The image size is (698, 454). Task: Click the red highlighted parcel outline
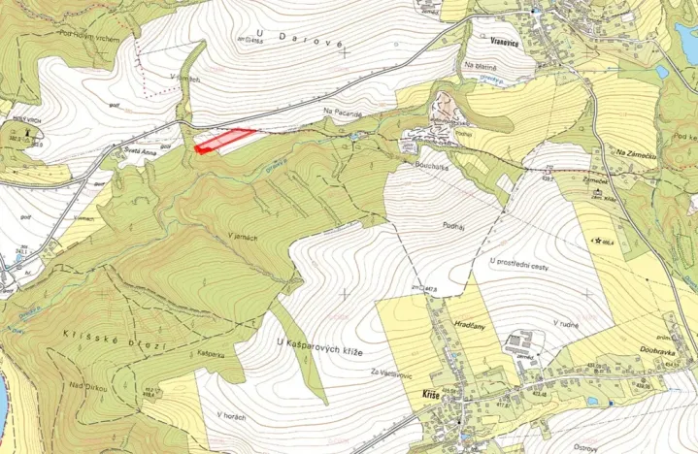pos(223,141)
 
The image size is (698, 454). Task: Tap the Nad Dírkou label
pos(88,386)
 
